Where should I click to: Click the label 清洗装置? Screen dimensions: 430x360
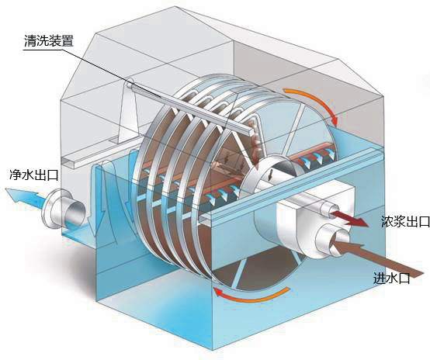tap(49, 41)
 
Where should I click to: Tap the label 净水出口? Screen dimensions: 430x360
tap(33, 175)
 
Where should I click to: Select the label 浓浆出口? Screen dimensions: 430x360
tap(405, 221)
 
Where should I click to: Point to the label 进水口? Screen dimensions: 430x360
tap(392, 279)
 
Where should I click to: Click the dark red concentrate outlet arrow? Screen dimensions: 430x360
tap(349, 218)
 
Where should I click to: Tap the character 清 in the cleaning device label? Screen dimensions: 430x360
tap(30, 41)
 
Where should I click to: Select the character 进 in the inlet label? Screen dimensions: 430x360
tap(380, 279)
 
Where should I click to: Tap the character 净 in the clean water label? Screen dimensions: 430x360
tap(16, 175)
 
